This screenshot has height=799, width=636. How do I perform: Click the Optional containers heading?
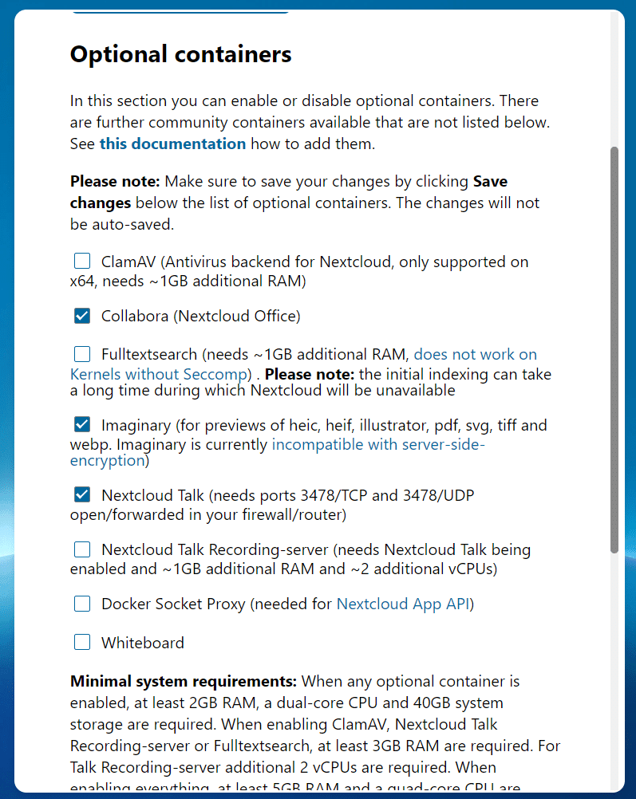pyautogui.click(x=180, y=54)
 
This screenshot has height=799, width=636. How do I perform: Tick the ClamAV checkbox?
pyautogui.click(x=82, y=261)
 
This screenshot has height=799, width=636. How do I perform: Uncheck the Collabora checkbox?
pyautogui.click(x=82, y=316)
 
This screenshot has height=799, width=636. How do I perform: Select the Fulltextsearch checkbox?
pyautogui.click(x=82, y=354)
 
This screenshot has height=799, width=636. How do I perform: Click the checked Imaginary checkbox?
pyautogui.click(x=82, y=425)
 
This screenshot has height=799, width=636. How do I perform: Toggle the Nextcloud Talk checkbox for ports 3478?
pyautogui.click(x=82, y=495)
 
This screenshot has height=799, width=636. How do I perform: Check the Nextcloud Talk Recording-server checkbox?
pyautogui.click(x=82, y=549)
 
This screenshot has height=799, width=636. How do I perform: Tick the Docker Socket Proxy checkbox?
pyautogui.click(x=82, y=604)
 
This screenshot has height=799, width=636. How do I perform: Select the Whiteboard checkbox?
pyautogui.click(x=82, y=643)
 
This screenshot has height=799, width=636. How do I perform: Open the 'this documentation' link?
pyautogui.click(x=172, y=144)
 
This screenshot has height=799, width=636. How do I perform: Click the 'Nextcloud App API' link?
pyautogui.click(x=403, y=604)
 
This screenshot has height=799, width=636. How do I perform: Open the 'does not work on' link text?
pyautogui.click(x=475, y=354)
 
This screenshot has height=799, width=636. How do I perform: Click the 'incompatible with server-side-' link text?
pyautogui.click(x=378, y=445)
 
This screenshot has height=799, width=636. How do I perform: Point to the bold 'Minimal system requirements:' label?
pyautogui.click(x=184, y=682)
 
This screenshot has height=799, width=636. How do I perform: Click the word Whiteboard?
pyautogui.click(x=142, y=643)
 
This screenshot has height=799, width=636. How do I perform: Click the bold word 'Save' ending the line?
pyautogui.click(x=490, y=181)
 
